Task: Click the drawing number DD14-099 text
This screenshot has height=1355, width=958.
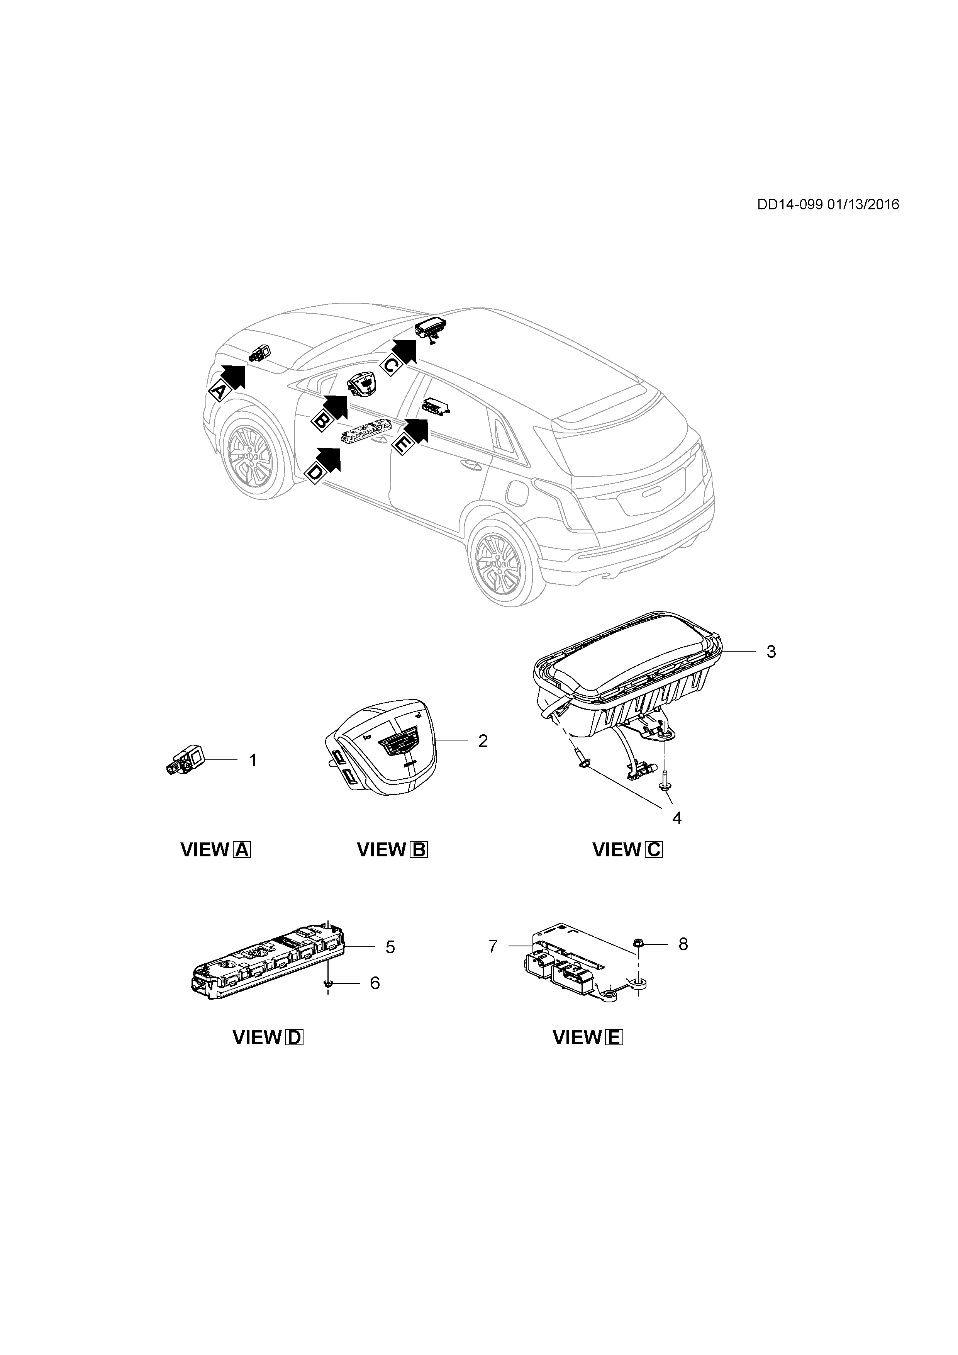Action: [x=790, y=205]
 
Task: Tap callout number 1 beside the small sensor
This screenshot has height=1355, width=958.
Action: [x=253, y=761]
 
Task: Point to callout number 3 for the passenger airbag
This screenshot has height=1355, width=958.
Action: [x=771, y=652]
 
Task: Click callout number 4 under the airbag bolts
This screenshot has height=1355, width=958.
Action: [x=677, y=818]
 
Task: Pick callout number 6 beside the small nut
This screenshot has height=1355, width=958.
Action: [x=375, y=983]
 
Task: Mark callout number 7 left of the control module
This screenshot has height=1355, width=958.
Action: [x=493, y=947]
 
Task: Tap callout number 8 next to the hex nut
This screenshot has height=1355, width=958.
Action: [x=683, y=944]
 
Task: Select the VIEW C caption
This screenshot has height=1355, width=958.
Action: [x=627, y=850]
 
